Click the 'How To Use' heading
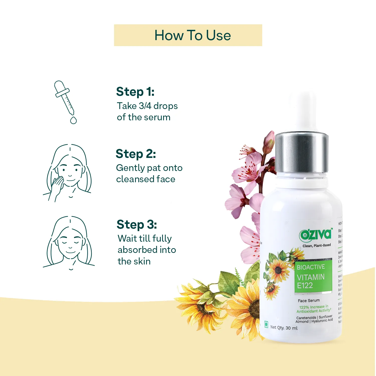[x=193, y=35]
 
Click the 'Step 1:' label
[x=135, y=92]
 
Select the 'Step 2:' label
[x=136, y=154]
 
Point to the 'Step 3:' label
[x=137, y=225]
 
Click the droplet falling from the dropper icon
[x=73, y=120]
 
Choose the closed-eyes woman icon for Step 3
[x=69, y=243]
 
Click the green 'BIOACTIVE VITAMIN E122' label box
[x=313, y=276]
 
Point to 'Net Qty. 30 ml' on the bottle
[x=284, y=328]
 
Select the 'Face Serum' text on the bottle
[x=309, y=301]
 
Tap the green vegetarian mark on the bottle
[x=266, y=324]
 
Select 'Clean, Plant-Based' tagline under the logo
[x=316, y=245]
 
